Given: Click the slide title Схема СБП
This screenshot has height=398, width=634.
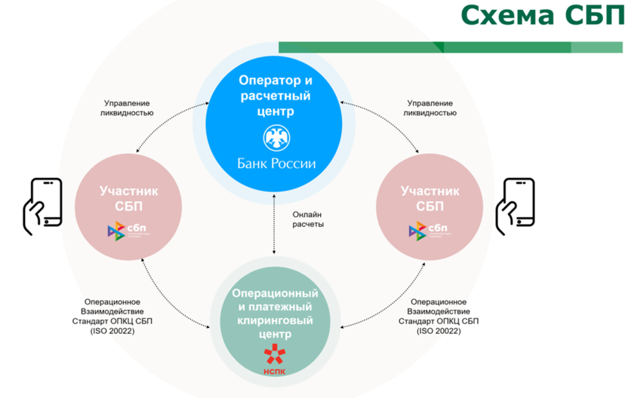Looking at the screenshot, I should (x=541, y=17).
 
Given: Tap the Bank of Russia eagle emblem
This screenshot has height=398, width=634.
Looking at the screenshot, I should (x=274, y=138).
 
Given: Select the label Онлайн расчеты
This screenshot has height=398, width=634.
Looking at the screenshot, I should (x=308, y=219).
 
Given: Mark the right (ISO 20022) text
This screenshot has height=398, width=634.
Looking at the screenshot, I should (x=438, y=331).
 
